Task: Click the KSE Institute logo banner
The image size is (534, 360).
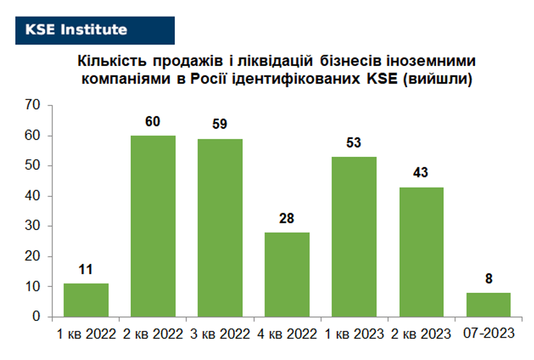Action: coord(95,30)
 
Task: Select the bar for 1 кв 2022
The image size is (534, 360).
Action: coord(86,300)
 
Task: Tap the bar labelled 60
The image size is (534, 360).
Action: coord(153,226)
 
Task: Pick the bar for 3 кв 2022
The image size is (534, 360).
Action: coord(220,228)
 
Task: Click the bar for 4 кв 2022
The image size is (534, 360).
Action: coord(287,275)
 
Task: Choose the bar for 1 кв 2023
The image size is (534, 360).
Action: coord(354,237)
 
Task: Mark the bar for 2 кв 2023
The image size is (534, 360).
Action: coord(421,252)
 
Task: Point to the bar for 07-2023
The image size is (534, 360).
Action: coord(489,305)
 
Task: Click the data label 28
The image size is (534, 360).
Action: coord(286,218)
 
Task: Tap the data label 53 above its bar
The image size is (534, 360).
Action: coord(353,142)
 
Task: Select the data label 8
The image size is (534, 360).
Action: coord(489,279)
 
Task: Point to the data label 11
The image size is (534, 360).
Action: coord(86,270)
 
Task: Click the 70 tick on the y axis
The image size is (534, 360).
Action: coord(33,105)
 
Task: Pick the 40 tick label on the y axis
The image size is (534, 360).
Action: coord(33,196)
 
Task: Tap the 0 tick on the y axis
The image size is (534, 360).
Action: coord(36,316)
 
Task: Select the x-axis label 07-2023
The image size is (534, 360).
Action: coord(489,334)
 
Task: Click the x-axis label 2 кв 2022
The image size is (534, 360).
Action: coord(153,334)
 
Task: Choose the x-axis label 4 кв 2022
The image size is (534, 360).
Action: coord(287,334)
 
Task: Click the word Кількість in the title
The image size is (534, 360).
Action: coord(112,61)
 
